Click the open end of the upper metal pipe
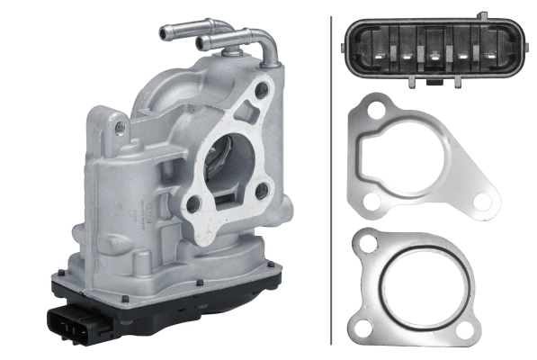click(x=164, y=33)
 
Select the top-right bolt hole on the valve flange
click(x=262, y=90)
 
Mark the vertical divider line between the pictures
click(x=332, y=180)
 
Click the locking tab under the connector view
click(x=434, y=84)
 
